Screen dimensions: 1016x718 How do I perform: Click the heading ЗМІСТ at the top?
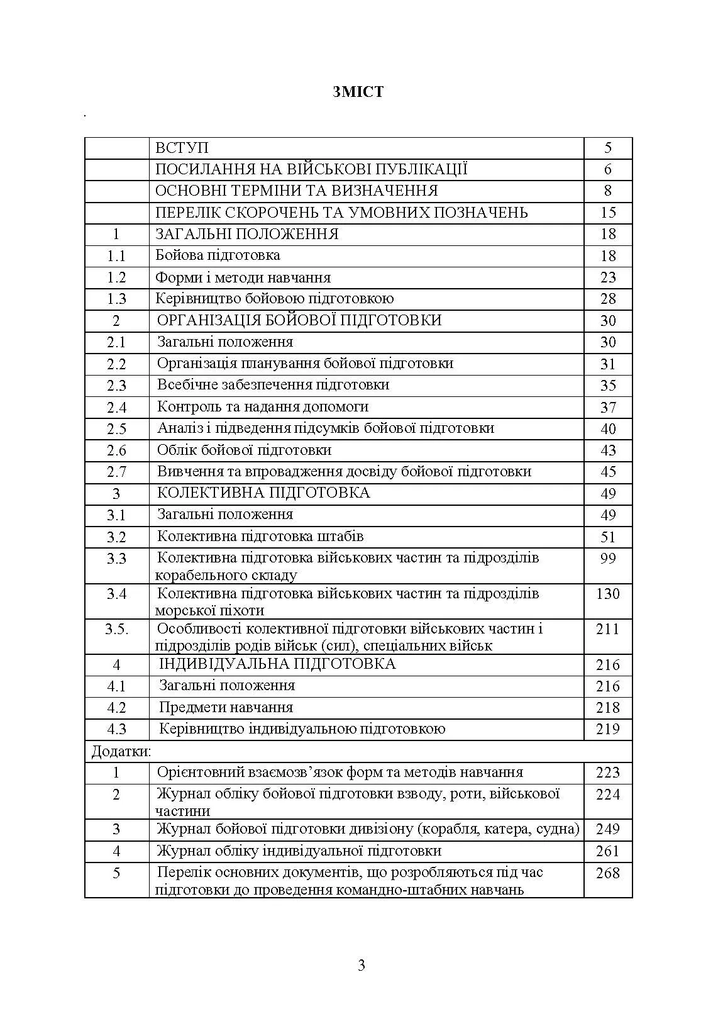pyautogui.click(x=358, y=92)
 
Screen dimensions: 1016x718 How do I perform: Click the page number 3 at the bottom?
pyautogui.click(x=361, y=965)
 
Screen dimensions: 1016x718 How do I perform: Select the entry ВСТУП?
pyautogui.click(x=182, y=148)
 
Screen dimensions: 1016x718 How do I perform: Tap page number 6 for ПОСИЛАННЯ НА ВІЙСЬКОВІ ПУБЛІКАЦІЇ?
pyautogui.click(x=607, y=169)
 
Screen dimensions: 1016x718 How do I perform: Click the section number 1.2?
pyautogui.click(x=116, y=277)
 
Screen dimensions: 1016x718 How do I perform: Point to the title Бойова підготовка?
pyautogui.click(x=218, y=255)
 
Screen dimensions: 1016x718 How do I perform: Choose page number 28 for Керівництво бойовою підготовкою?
pyautogui.click(x=607, y=299)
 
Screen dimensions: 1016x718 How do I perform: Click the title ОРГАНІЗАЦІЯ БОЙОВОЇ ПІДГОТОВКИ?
pyautogui.click(x=299, y=320)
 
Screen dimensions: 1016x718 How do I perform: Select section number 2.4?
pyautogui.click(x=116, y=408)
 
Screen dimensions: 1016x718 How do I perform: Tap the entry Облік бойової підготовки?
pyautogui.click(x=244, y=450)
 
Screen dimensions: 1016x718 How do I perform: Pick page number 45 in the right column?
pyautogui.click(x=607, y=472)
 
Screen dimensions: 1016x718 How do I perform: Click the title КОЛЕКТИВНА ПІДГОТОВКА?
pyautogui.click(x=263, y=493)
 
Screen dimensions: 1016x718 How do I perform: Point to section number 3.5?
pyautogui.click(x=116, y=629)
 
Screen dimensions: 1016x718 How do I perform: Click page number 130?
pyautogui.click(x=607, y=594)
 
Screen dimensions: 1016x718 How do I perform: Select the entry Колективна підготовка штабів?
pyautogui.click(x=260, y=537)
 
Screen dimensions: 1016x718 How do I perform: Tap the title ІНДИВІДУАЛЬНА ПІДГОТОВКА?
pyautogui.click(x=277, y=664)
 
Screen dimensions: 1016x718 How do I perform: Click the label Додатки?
pyautogui.click(x=121, y=751)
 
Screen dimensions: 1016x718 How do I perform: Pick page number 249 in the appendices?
pyautogui.click(x=607, y=829)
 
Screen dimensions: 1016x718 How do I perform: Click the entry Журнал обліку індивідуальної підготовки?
pyautogui.click(x=299, y=851)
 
